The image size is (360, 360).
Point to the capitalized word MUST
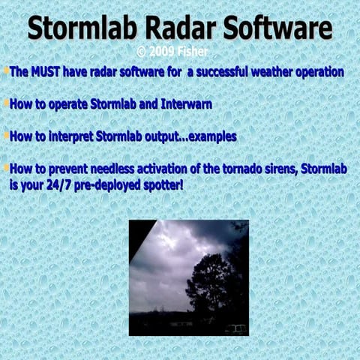(47, 73)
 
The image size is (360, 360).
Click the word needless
(110, 169)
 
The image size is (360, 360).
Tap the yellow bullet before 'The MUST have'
(6, 71)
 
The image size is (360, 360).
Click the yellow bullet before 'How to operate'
(6, 103)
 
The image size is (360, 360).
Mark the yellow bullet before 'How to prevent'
(6, 168)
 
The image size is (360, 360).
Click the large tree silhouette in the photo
(211, 281)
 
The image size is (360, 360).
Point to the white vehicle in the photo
(236, 328)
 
